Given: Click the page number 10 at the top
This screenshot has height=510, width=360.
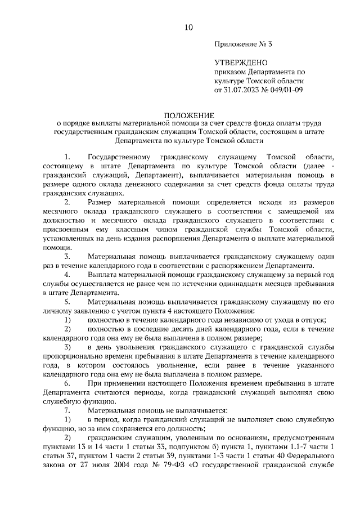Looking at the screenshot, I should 188,26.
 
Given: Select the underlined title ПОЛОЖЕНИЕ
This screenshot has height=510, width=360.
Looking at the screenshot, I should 188,114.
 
